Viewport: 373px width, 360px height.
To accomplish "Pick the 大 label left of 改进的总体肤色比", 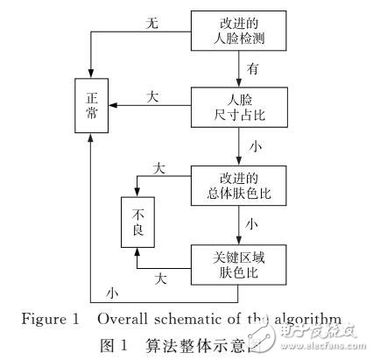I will tap(159, 166).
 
